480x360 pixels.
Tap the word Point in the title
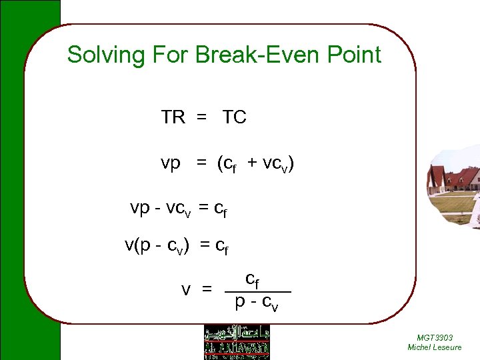point(357,55)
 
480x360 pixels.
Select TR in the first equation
point(173,118)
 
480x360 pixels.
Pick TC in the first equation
point(234,118)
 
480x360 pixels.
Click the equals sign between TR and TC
point(201,119)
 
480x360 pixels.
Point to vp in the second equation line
point(171,164)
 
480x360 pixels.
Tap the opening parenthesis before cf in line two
point(221,164)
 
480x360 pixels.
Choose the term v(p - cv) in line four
point(157,246)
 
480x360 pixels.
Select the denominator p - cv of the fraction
point(257,303)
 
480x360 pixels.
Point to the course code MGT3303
point(435,338)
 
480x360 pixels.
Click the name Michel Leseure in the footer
point(435,347)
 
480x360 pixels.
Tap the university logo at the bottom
point(237,341)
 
